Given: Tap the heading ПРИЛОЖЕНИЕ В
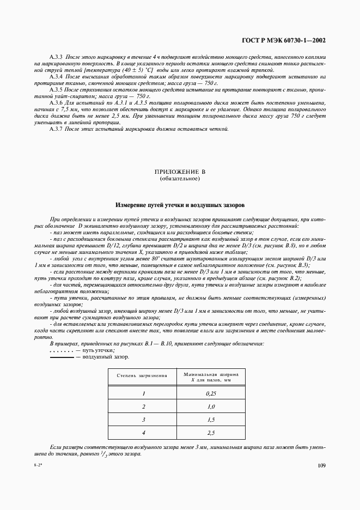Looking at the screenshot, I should (x=179, y=172).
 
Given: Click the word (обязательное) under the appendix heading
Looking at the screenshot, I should (x=179, y=179).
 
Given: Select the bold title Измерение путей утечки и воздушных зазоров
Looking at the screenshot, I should (x=180, y=206).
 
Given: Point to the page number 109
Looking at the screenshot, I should (x=321, y=465).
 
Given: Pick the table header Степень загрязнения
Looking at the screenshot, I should (x=142, y=377).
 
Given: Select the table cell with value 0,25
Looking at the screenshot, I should (x=211, y=393).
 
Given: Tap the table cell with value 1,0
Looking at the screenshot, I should (x=211, y=406).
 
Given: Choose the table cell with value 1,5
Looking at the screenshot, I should (x=211, y=420).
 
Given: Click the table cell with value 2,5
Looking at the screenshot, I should (x=211, y=433).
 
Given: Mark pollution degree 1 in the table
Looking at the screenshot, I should (x=144, y=393).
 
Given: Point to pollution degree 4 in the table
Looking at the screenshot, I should (x=144, y=433).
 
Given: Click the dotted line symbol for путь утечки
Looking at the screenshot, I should (x=61, y=351).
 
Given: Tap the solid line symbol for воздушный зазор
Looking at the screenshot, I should (x=61, y=357).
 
